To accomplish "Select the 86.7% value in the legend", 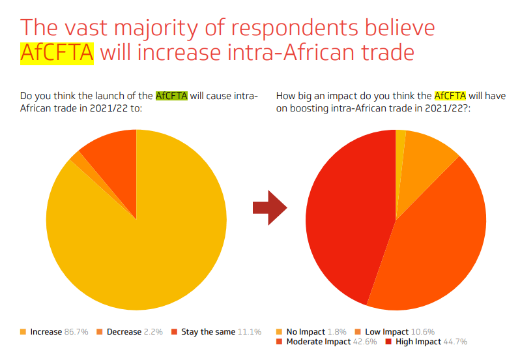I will (x=76, y=332).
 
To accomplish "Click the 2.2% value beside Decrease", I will (x=152, y=332).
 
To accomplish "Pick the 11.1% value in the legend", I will (x=248, y=332).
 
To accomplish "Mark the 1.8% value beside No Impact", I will (x=336, y=332).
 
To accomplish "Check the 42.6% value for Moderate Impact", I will (x=360, y=342).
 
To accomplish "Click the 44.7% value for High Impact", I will (x=455, y=342).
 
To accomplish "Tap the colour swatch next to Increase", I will (x=23, y=332).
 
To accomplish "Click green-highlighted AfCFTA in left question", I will (x=172, y=96).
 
